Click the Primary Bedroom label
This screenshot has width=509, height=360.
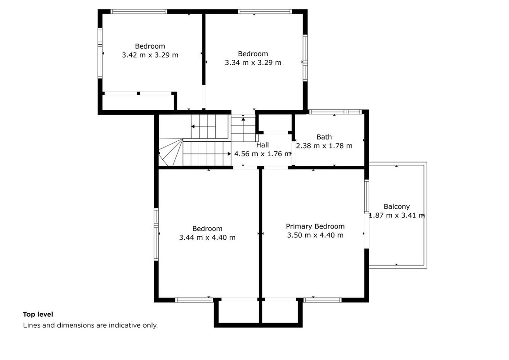(x=315, y=226)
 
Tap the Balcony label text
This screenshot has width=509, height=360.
(x=397, y=206)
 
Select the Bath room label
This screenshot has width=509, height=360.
(x=324, y=137)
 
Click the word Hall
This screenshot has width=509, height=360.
(x=262, y=145)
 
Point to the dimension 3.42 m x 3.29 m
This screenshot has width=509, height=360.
(x=150, y=55)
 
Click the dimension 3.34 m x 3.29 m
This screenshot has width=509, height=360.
(x=253, y=63)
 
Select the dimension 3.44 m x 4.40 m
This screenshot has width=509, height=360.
(x=207, y=238)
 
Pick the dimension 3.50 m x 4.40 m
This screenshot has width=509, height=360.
(x=315, y=235)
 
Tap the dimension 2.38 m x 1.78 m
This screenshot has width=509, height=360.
(x=324, y=146)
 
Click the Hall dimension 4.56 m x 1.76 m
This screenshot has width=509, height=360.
(x=263, y=154)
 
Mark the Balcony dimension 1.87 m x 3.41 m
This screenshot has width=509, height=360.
(x=397, y=215)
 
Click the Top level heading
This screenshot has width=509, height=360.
(x=38, y=314)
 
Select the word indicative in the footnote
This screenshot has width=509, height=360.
(x=125, y=325)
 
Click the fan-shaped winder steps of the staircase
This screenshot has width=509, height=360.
(x=171, y=153)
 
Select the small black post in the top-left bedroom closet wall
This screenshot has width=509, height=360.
(x=138, y=93)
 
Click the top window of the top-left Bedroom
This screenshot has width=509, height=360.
(x=139, y=11)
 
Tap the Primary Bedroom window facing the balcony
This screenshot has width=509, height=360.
(x=367, y=196)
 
